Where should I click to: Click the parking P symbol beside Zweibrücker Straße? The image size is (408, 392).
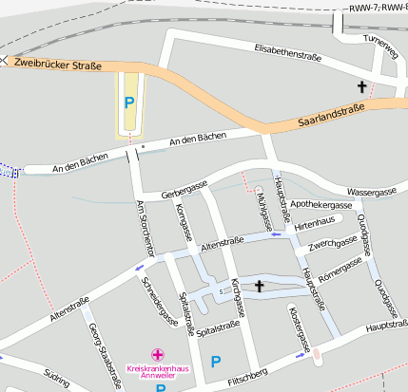click(130, 101)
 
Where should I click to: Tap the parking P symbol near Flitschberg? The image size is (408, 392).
click(216, 361)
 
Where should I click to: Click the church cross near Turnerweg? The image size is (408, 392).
click(361, 87)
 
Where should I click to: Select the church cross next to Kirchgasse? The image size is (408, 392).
click(259, 286)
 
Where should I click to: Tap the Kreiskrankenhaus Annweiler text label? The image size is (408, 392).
click(158, 369)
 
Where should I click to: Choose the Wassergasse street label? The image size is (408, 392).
click(371, 192)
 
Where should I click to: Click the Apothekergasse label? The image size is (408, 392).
click(321, 204)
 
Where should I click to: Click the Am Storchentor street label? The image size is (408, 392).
click(145, 229)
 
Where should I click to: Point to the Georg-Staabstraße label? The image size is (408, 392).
click(105, 354)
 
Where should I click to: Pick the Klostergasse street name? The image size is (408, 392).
click(301, 327)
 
